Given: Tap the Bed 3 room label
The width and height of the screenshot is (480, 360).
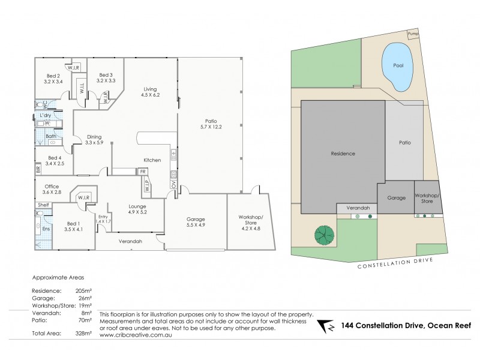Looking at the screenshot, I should coord(106,76).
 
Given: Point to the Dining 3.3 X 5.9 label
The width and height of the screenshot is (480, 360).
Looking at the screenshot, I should coord(95,139).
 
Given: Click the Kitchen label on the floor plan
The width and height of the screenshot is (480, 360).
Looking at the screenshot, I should coord(151,160).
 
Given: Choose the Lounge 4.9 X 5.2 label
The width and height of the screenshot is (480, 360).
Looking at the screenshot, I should coord(138,208).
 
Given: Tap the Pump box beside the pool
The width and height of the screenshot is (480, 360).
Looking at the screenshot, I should coord(413,34).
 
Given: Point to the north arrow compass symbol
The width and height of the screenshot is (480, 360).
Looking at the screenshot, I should coord(326,326).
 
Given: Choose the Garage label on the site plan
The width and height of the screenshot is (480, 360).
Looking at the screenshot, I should coord(397,197).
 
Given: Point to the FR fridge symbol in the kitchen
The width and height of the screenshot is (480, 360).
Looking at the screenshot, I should coord(143,171).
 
